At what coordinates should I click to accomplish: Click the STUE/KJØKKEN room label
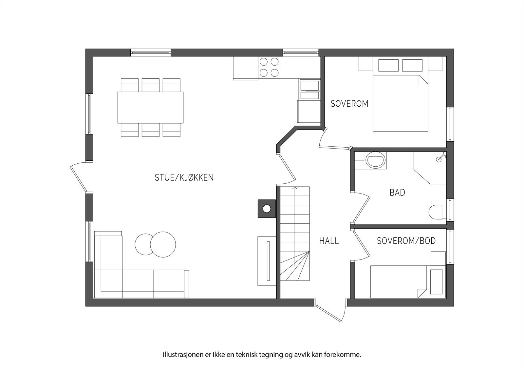[x=184, y=177]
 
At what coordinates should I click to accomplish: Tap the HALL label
[x=329, y=241]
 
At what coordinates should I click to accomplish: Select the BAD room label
[x=397, y=192]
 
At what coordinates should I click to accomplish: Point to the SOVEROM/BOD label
[x=406, y=241]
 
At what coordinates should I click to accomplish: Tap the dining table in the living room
[x=150, y=107]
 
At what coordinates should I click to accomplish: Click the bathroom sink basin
[x=375, y=161]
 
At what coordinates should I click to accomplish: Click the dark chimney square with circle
[x=267, y=209]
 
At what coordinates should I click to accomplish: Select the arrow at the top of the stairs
[x=295, y=188]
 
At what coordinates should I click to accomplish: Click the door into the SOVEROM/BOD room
[x=362, y=244]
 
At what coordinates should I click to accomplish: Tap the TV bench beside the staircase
[x=268, y=261]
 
